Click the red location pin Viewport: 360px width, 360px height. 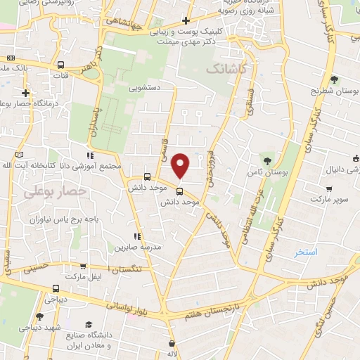(x=181, y=164)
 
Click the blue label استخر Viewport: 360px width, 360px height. (x=307, y=251)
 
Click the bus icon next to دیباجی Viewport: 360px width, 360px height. (x=56, y=288)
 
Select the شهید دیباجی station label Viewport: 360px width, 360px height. (x=43, y=328)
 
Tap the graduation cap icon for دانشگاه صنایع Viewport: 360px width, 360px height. (x=90, y=324)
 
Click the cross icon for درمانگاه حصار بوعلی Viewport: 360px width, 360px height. (x=25, y=93)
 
